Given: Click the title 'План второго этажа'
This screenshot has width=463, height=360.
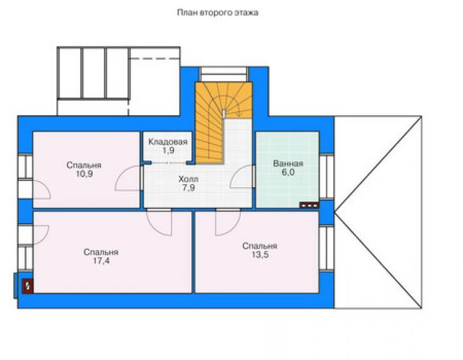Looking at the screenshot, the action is [218, 13].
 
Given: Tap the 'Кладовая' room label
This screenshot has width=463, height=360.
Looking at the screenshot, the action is [168, 142].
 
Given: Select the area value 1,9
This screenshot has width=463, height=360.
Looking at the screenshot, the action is [168, 150].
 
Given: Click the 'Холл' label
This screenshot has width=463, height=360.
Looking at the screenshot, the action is [188, 179].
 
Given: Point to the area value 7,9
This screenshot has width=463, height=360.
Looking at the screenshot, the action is [188, 188].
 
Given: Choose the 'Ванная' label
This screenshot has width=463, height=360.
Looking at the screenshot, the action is [288, 163].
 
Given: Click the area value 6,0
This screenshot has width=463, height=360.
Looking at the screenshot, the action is [288, 172].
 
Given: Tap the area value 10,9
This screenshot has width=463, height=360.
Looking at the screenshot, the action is [84, 173].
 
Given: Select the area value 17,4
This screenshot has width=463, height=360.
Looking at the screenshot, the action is [101, 260].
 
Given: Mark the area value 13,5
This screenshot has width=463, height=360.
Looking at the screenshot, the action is [260, 254].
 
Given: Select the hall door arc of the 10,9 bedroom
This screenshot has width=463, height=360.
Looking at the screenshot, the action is [121, 175].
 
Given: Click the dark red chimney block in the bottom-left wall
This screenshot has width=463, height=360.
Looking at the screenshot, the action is [28, 286].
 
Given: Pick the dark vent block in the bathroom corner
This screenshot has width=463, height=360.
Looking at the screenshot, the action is [309, 205].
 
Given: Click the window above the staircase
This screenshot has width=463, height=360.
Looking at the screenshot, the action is [224, 71].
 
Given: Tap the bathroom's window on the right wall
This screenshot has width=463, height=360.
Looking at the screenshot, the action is [326, 177].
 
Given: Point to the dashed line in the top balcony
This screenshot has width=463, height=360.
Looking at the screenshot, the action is [154, 59].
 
